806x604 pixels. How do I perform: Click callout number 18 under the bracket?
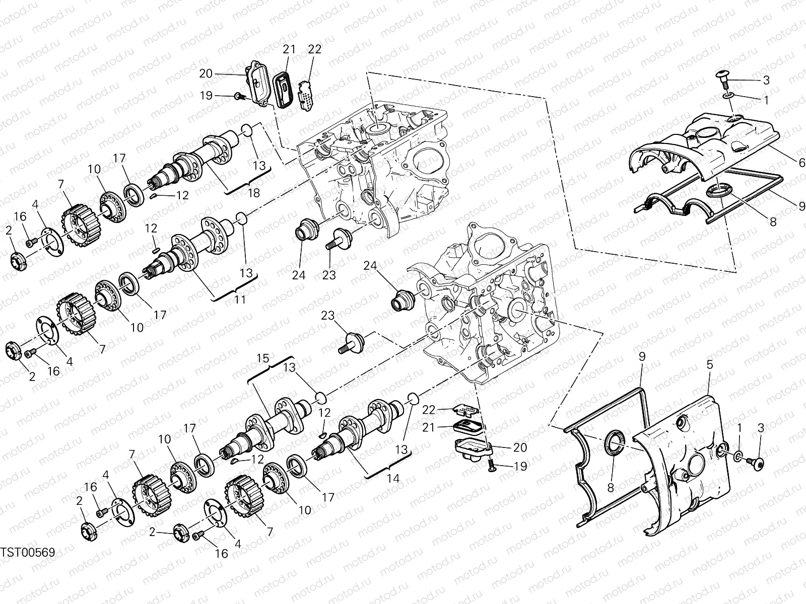coord(253,193)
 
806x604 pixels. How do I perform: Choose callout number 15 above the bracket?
coord(263,358)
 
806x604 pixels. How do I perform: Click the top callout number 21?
coord(289,49)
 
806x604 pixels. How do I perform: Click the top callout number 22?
coord(315,49)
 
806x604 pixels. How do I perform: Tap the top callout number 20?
coord(206,73)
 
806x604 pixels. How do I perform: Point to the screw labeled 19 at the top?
coord(238,96)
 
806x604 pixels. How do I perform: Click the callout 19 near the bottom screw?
coord(521,466)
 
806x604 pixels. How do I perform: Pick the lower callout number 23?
coord(328,316)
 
